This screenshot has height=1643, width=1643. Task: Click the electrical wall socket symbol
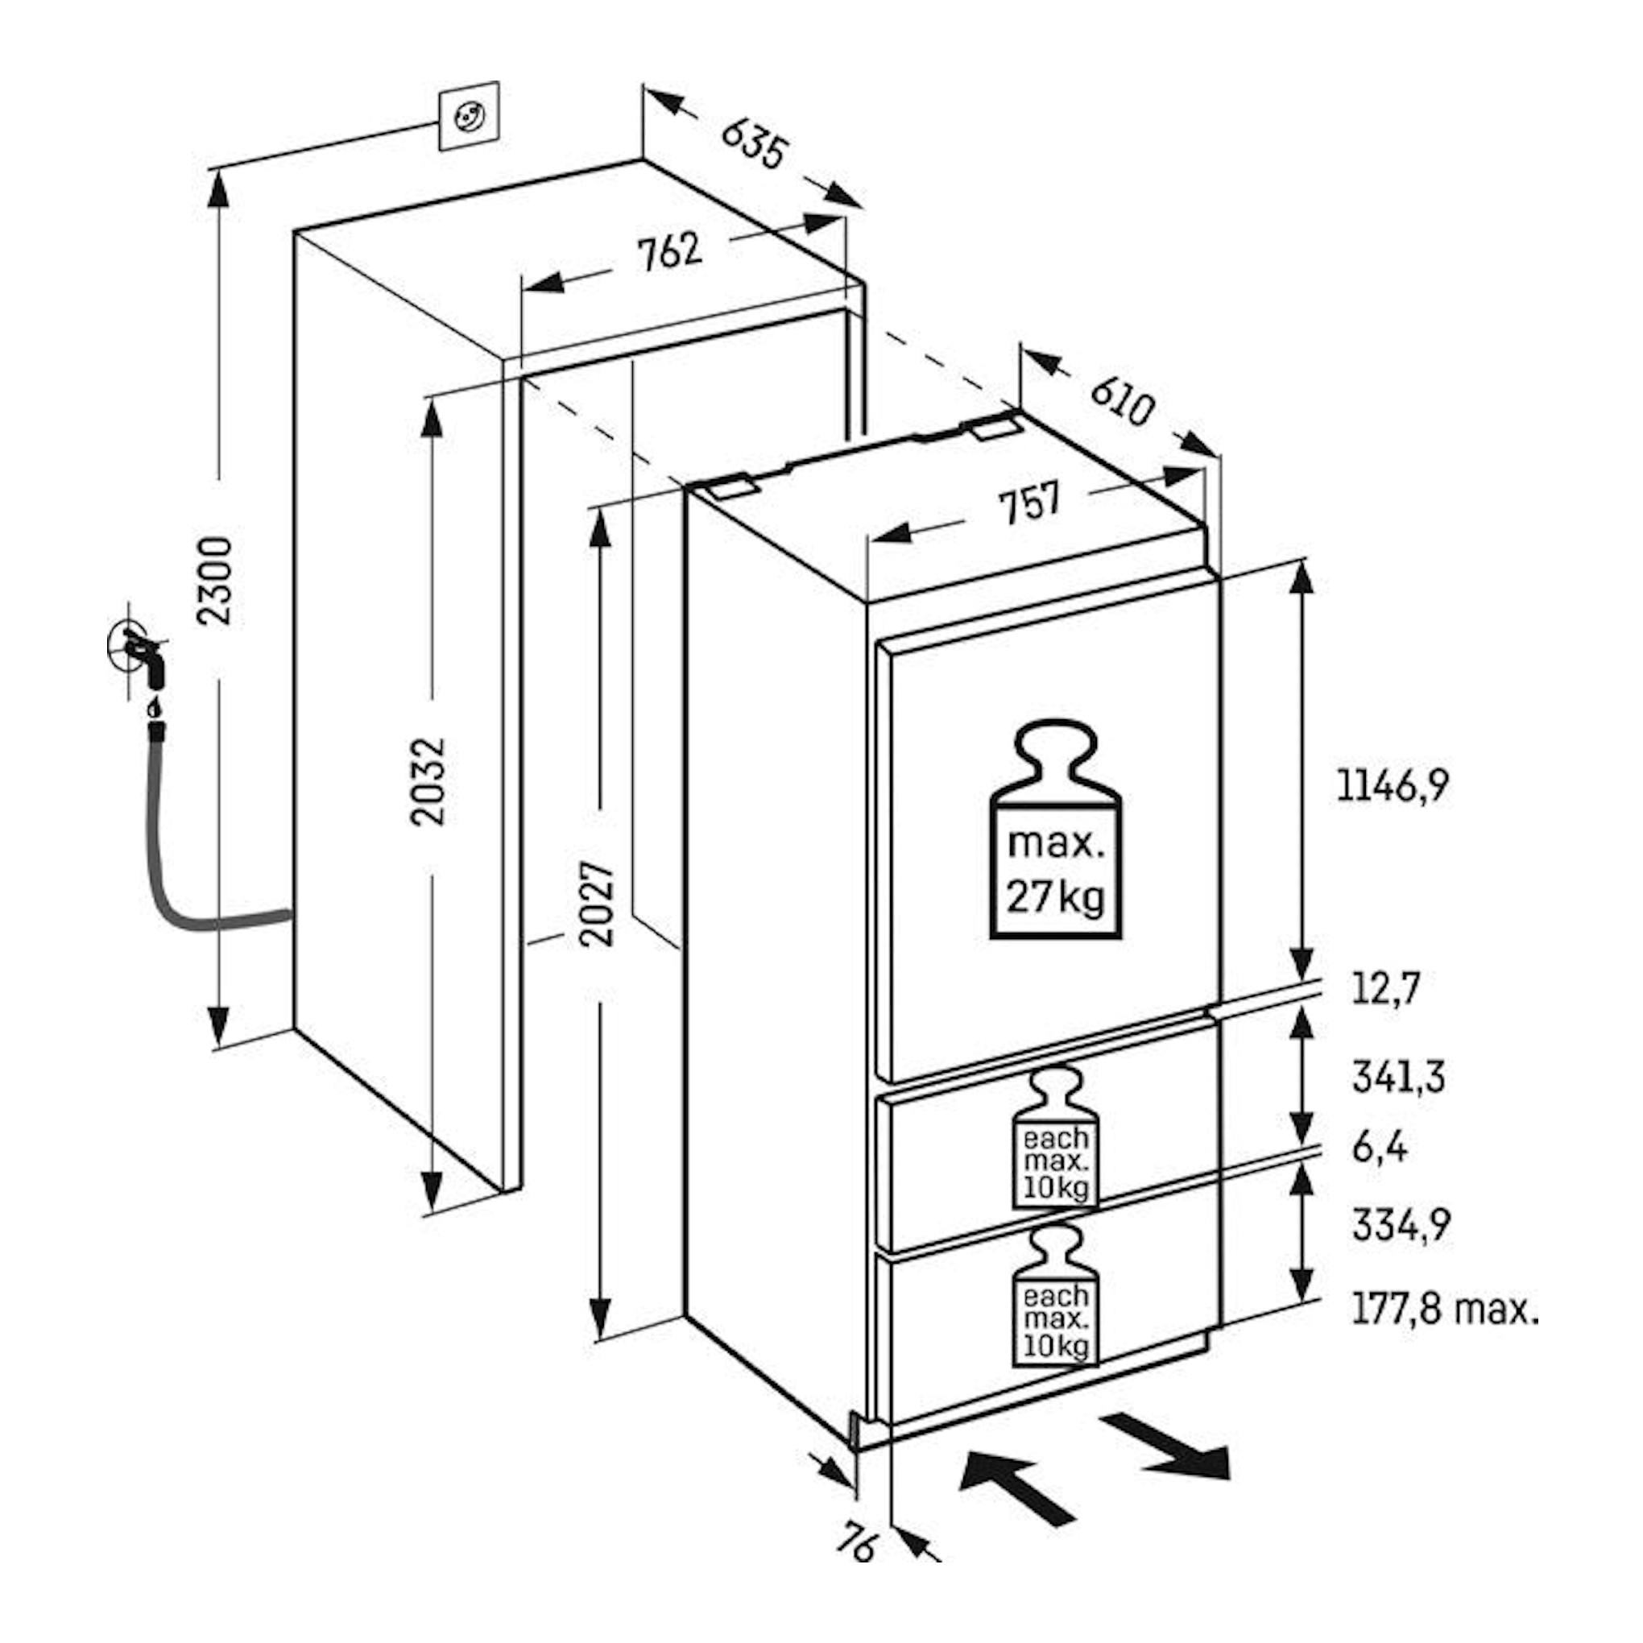click(469, 116)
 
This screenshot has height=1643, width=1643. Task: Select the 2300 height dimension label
click(218, 581)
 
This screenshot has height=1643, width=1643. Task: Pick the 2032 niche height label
click(428, 780)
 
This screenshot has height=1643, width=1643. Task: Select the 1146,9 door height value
click(1393, 786)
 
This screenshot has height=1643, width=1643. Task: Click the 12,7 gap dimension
click(1386, 989)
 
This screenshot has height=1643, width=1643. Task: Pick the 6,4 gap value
click(1380, 1148)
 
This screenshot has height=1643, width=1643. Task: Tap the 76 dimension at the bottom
click(856, 1520)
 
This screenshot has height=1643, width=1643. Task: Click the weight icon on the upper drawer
click(1055, 1139)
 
